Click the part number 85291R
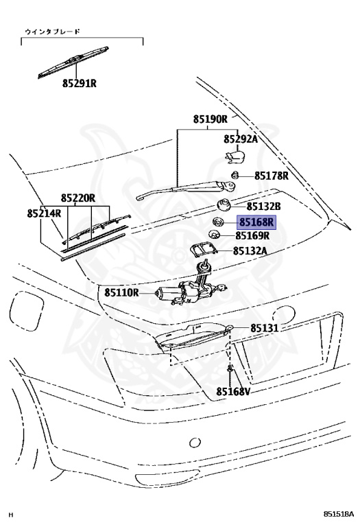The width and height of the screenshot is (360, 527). (x=80, y=83)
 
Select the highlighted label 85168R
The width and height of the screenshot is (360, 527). (x=257, y=222)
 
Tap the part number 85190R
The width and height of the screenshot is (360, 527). (x=211, y=119)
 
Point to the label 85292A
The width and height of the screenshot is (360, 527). (x=241, y=139)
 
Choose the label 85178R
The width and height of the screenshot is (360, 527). (x=272, y=176)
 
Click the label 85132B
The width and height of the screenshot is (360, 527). (x=263, y=207)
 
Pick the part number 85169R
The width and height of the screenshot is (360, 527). (x=252, y=235)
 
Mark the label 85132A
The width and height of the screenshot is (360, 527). (x=250, y=250)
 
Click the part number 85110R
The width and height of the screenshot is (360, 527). (x=121, y=292)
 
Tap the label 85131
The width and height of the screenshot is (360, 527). (x=265, y=328)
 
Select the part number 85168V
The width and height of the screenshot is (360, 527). (x=233, y=391)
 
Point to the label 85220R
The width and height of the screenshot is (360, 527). (x=78, y=198)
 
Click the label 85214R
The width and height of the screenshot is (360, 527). (x=44, y=213)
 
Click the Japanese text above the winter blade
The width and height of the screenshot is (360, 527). (x=53, y=32)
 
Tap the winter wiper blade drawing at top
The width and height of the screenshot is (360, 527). (x=73, y=62)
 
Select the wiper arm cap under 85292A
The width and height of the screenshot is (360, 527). (x=235, y=156)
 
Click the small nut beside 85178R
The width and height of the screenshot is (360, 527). (x=235, y=175)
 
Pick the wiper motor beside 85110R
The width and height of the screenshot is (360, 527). (x=191, y=286)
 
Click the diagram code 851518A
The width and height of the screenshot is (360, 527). (x=339, y=514)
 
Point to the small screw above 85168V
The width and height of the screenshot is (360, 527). (x=230, y=368)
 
